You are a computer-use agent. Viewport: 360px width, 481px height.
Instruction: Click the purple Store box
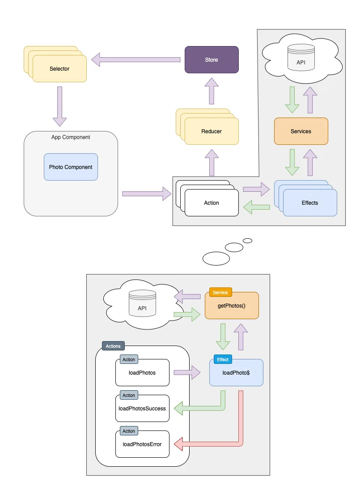(x=212, y=59)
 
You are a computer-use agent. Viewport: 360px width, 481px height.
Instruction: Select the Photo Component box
(x=71, y=167)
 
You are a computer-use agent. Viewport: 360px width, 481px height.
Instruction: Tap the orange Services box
(x=301, y=131)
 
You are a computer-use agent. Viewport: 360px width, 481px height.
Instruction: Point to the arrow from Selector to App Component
(x=59, y=106)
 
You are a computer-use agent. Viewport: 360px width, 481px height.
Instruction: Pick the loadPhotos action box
(x=142, y=372)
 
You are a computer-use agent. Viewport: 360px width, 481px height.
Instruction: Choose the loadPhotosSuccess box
(x=142, y=408)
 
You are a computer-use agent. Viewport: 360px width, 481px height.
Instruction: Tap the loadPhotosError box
(x=142, y=444)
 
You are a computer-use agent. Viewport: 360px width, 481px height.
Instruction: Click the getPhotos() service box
(x=232, y=306)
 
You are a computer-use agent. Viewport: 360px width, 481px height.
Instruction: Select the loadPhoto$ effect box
(x=236, y=372)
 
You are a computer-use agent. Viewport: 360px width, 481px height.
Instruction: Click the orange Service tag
(x=220, y=292)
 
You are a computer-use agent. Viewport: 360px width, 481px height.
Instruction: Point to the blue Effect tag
(x=223, y=359)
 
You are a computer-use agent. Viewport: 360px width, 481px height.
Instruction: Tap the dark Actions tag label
(x=113, y=346)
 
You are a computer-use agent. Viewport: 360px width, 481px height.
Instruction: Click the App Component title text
(x=71, y=137)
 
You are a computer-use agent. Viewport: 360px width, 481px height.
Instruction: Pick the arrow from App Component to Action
(x=146, y=194)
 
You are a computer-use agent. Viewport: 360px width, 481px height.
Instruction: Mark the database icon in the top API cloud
(x=301, y=55)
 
